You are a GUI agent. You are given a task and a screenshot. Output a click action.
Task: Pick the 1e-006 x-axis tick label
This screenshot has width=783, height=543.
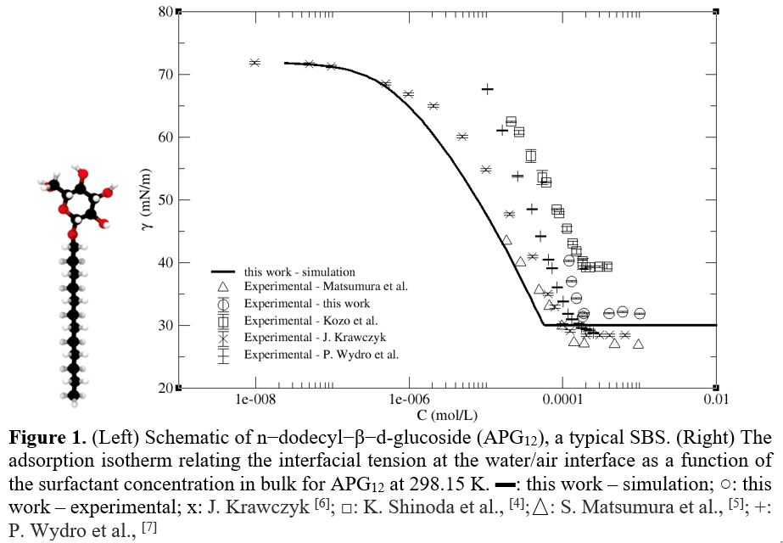coord(409,399)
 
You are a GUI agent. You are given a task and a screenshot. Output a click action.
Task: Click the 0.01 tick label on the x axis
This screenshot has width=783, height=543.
coord(716,399)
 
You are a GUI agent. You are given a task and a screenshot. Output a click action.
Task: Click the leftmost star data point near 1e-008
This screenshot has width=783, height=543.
coord(254,63)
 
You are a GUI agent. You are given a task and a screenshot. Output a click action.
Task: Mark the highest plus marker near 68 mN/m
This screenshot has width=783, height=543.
coord(488,89)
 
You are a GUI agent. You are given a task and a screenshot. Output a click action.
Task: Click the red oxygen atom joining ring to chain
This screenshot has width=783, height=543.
coord(74,232)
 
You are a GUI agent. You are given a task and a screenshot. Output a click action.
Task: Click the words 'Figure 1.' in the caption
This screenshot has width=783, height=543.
coord(46,439)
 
